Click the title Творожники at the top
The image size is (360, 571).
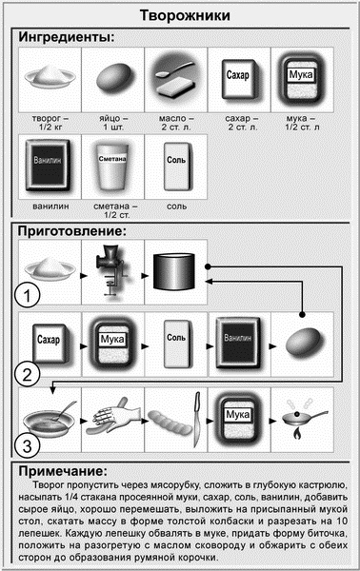[x=180, y=16]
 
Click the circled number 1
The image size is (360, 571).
[x=32, y=296]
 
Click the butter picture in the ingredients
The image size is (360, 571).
[x=174, y=78]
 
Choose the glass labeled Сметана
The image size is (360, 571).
[x=111, y=166]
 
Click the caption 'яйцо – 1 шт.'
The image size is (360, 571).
[x=112, y=125]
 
